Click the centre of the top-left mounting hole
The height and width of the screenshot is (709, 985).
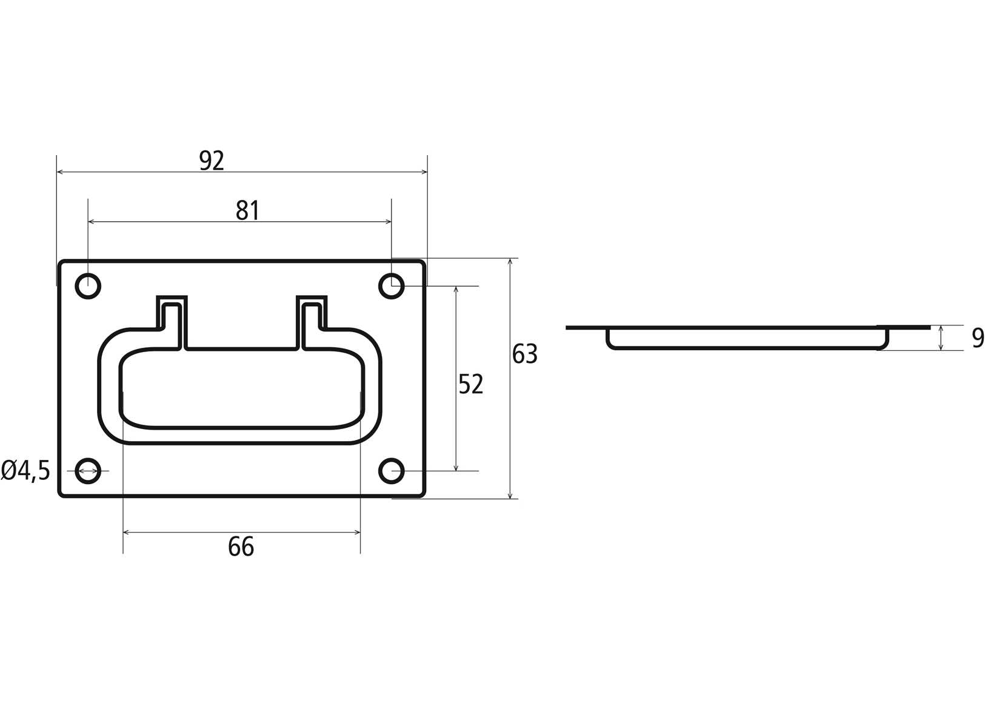[88, 286]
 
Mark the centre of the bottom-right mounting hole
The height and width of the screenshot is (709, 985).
[392, 471]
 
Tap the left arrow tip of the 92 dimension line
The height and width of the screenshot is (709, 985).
[57, 172]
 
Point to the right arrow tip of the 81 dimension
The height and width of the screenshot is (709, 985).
[392, 222]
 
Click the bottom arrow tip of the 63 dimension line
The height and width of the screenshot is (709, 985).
[510, 499]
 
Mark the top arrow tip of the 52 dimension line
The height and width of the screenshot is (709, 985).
[456, 287]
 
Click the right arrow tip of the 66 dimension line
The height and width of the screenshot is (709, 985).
[360, 532]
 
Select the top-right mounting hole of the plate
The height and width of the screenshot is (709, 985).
[392, 286]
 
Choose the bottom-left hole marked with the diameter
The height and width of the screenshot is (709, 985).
[88, 471]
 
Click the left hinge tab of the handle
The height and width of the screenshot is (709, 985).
[172, 322]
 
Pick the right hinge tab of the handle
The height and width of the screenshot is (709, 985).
[312, 322]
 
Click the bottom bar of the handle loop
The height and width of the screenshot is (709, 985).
[240, 435]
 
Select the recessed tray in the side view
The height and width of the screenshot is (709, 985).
[747, 339]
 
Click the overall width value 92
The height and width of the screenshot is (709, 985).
[212, 161]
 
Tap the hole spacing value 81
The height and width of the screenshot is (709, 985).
[247, 210]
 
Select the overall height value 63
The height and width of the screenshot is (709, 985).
[525, 354]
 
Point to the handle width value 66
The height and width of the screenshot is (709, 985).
[241, 547]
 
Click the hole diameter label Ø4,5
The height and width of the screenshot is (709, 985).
[25, 471]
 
